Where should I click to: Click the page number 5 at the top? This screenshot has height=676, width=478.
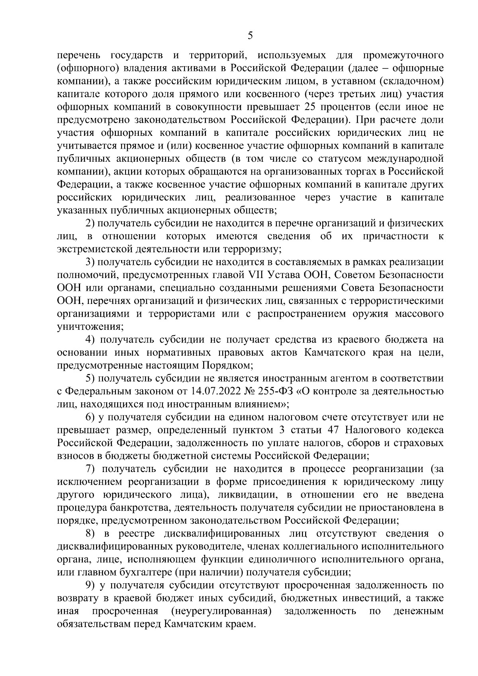point(250,36)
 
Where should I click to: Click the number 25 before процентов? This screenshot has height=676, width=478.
point(311,107)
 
